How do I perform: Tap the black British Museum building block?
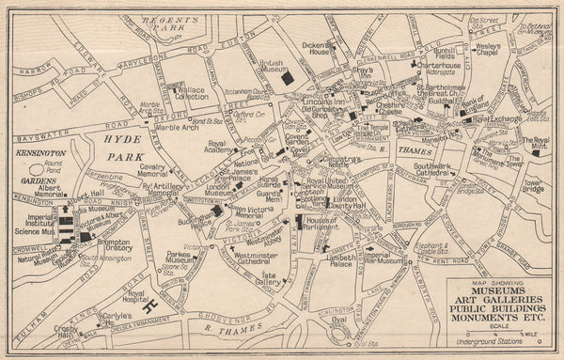287,79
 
